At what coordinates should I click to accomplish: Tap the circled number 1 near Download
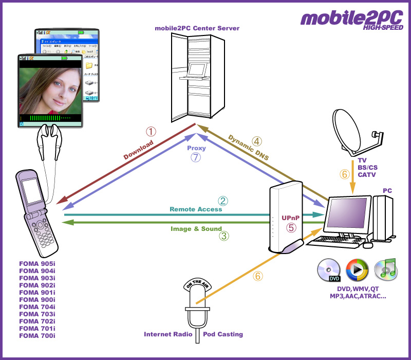[x=151, y=132]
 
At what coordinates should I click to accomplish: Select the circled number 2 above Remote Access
[x=222, y=201]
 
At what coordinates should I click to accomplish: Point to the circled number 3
[x=223, y=236]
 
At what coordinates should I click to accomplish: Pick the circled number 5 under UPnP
[x=291, y=227]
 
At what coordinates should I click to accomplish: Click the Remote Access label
[x=196, y=209]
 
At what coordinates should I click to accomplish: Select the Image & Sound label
[x=196, y=229]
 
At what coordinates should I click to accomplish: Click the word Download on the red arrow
[x=138, y=151]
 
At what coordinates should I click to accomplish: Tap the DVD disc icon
[x=329, y=271]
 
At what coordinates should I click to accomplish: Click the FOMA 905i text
[x=37, y=263]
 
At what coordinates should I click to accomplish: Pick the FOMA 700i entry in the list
[x=37, y=335]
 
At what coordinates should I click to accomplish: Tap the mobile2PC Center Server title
[x=197, y=28]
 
